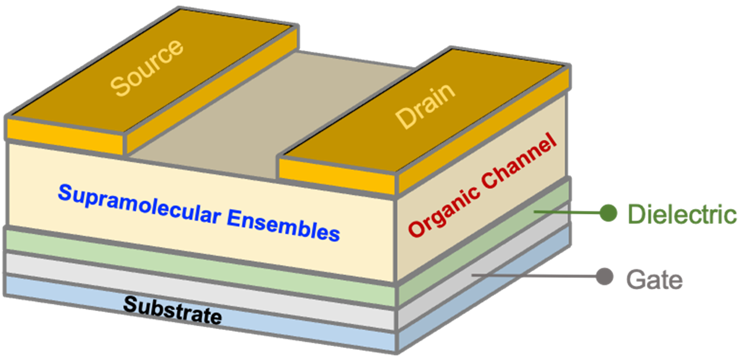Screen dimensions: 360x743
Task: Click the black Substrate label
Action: pyautogui.click(x=172, y=307)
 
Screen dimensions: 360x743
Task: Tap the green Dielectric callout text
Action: pyautogui.click(x=682, y=214)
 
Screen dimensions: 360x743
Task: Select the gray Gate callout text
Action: pyautogui.click(x=654, y=279)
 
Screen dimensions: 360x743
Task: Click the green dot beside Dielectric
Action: pyautogui.click(x=608, y=212)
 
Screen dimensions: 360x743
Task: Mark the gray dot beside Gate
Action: pyautogui.click(x=603, y=277)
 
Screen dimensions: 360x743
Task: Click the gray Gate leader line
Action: pyautogui.click(x=532, y=276)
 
